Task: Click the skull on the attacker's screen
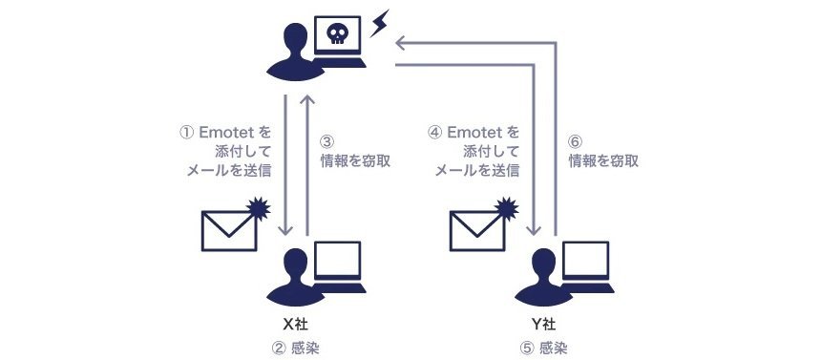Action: tap(336, 34)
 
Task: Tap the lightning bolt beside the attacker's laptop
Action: tap(380, 23)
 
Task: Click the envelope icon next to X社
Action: tap(229, 230)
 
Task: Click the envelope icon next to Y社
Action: tap(477, 230)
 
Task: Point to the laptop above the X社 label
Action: tap(337, 266)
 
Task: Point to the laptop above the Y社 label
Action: tap(585, 266)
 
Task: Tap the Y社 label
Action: tap(543, 325)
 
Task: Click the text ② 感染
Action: tap(296, 348)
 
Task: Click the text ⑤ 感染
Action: tap(544, 348)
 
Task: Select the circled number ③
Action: tap(326, 142)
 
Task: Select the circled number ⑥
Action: tap(576, 142)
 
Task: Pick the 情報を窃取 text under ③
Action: tap(355, 160)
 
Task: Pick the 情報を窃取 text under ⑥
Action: tap(603, 160)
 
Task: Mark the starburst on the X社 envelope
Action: tap(259, 208)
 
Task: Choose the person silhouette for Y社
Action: tap(542, 277)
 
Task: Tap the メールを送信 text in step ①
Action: tap(229, 171)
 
